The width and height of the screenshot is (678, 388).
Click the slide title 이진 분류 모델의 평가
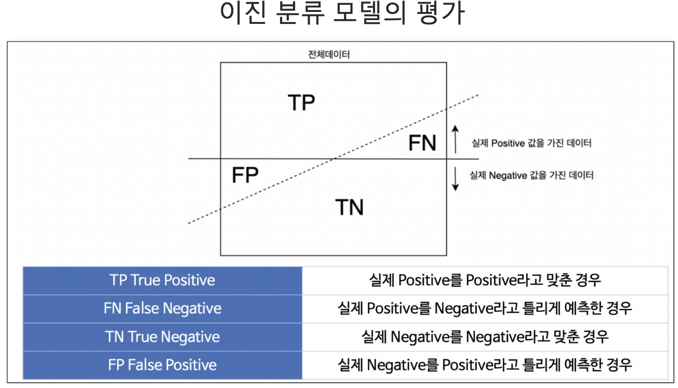[342, 14]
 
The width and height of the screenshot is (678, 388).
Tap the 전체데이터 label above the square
[329, 54]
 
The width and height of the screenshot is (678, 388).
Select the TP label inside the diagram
[302, 102]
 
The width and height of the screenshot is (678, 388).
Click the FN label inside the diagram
[422, 143]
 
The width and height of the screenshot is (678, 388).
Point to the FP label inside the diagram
[245, 176]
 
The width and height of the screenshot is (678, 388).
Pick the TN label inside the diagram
[349, 207]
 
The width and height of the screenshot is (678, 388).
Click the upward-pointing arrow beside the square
[455, 139]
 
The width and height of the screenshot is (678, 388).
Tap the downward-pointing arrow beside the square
[455, 179]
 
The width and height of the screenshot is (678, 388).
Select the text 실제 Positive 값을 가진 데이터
[532, 144]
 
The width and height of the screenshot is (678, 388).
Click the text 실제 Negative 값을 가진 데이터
[532, 176]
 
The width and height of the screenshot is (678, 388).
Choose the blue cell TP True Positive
[162, 280]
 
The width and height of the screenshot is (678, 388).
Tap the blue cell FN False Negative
[162, 308]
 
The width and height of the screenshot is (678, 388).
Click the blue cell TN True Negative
[162, 337]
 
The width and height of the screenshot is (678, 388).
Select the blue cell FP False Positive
[162, 365]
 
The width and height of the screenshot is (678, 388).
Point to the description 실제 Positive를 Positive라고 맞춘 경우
[485, 280]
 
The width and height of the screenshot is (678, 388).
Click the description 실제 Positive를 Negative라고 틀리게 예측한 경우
[485, 308]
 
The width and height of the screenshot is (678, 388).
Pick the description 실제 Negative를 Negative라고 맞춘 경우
[485, 337]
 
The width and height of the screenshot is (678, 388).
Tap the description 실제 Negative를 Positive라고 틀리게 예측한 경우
[485, 365]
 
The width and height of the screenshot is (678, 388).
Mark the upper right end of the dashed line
[478, 94]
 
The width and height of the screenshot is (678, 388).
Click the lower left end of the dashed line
[189, 223]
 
